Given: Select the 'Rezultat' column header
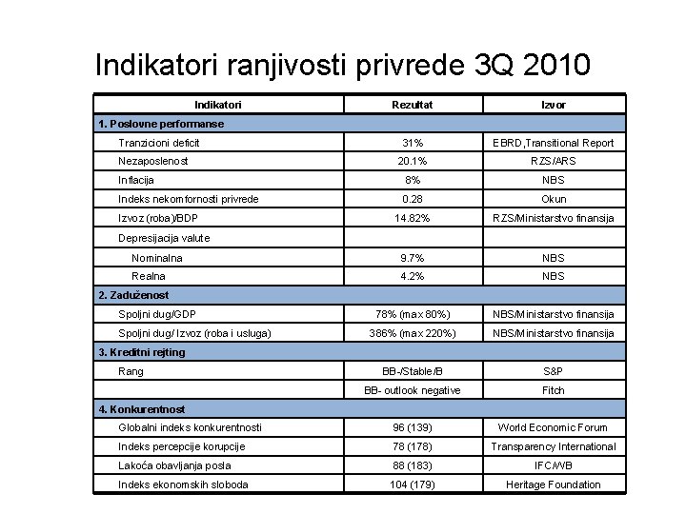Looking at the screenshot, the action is coord(412,105).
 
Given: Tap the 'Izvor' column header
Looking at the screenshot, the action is coord(554,105).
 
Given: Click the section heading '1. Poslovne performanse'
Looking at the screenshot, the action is coord(161,124).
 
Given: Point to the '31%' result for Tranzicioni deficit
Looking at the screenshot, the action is coord(412,143).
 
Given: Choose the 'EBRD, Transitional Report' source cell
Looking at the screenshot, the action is coord(554,143).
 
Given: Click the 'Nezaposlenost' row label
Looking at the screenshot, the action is coord(152,161).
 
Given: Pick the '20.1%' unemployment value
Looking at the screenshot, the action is coord(412,161).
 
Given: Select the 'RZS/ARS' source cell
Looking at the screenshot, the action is coord(554,161).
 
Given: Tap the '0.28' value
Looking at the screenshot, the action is coord(412,199).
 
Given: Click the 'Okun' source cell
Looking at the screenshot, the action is coord(554,199).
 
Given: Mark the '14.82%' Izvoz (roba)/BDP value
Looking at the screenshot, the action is coord(412,218).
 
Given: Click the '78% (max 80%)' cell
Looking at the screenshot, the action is coord(412,314).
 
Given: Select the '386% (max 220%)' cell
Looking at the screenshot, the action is coord(412,333).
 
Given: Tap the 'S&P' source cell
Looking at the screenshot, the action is coord(554,371).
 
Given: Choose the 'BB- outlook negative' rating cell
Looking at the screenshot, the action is coord(412,390).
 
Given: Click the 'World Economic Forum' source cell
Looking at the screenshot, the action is coord(554,427).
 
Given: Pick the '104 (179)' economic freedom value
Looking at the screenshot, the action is coord(412,484).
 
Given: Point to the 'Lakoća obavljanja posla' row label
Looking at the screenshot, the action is coord(174,465).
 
